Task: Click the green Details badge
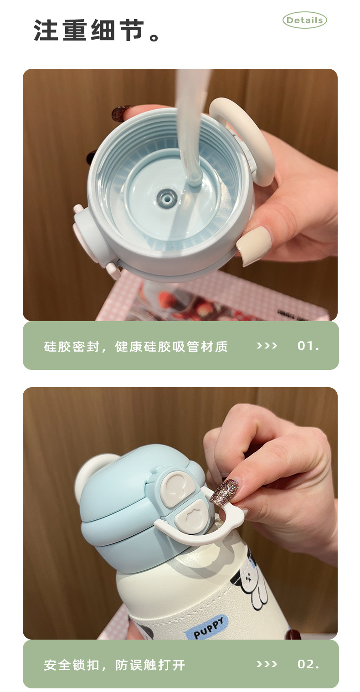pyautogui.click(x=304, y=20)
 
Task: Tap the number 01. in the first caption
pyautogui.click(x=308, y=346)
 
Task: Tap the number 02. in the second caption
pyautogui.click(x=308, y=664)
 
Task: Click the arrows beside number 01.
pyautogui.click(x=267, y=346)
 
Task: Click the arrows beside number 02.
pyautogui.click(x=267, y=664)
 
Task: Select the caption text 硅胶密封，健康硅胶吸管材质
pyautogui.click(x=136, y=346)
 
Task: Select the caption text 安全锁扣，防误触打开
pyautogui.click(x=114, y=665)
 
